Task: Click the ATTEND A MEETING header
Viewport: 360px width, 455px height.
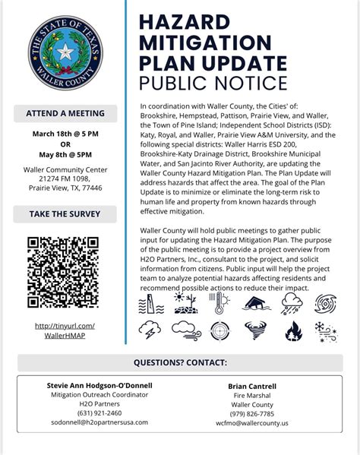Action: pos(65,113)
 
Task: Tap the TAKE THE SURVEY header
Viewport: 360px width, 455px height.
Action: pos(65,214)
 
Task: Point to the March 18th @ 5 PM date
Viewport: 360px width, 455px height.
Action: pos(65,134)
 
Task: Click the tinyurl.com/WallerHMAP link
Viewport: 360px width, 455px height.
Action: pos(65,330)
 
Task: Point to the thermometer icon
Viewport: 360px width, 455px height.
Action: pos(219,305)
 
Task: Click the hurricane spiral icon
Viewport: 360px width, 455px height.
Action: pos(328,305)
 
